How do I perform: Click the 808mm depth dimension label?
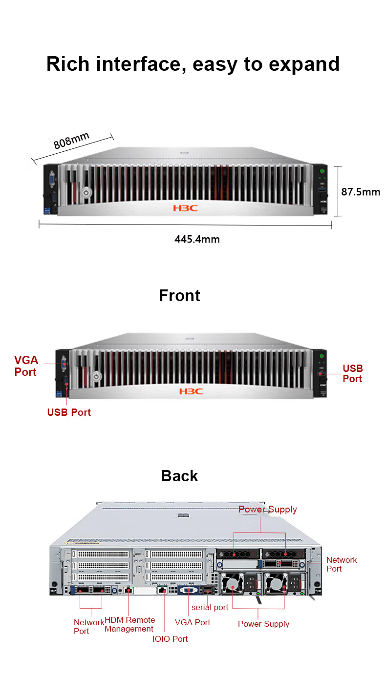coord(71,141)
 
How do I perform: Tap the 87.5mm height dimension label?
coord(361,192)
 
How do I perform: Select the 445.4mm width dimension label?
coord(197,239)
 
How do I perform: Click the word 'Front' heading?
coord(179,295)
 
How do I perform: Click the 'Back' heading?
coord(179,476)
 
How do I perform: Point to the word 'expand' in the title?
coord(304,64)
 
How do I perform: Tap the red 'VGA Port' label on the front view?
coord(26,366)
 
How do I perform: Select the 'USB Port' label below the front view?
coord(69,412)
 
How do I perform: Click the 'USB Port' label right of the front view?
coord(353,373)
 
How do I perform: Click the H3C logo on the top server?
coord(185,208)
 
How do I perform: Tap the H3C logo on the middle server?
coord(191,391)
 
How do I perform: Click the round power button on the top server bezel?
coord(86,193)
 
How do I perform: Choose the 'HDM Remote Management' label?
coord(129,625)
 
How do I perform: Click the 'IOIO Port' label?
coord(170,639)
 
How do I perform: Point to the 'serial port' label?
coord(210,608)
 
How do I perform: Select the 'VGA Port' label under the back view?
coord(193,622)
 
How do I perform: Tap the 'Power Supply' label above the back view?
coord(267,510)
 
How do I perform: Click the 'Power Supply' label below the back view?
coord(263,624)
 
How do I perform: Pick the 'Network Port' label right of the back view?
coord(342,564)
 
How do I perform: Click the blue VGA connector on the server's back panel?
coord(189,590)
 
